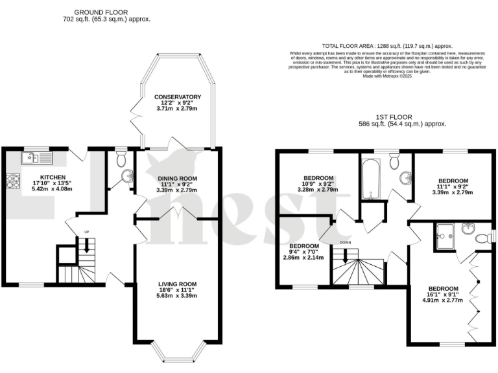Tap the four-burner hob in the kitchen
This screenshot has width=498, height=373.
[x=13, y=182]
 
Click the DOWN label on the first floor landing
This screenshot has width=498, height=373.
[x=346, y=244]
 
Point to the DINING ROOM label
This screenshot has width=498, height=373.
[x=177, y=177]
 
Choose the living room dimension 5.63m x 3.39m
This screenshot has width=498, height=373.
[x=177, y=295]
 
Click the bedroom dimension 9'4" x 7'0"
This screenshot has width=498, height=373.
[x=303, y=253]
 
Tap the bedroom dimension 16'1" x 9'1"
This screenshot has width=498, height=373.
[x=441, y=295]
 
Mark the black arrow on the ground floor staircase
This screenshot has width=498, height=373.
[x=84, y=245]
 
